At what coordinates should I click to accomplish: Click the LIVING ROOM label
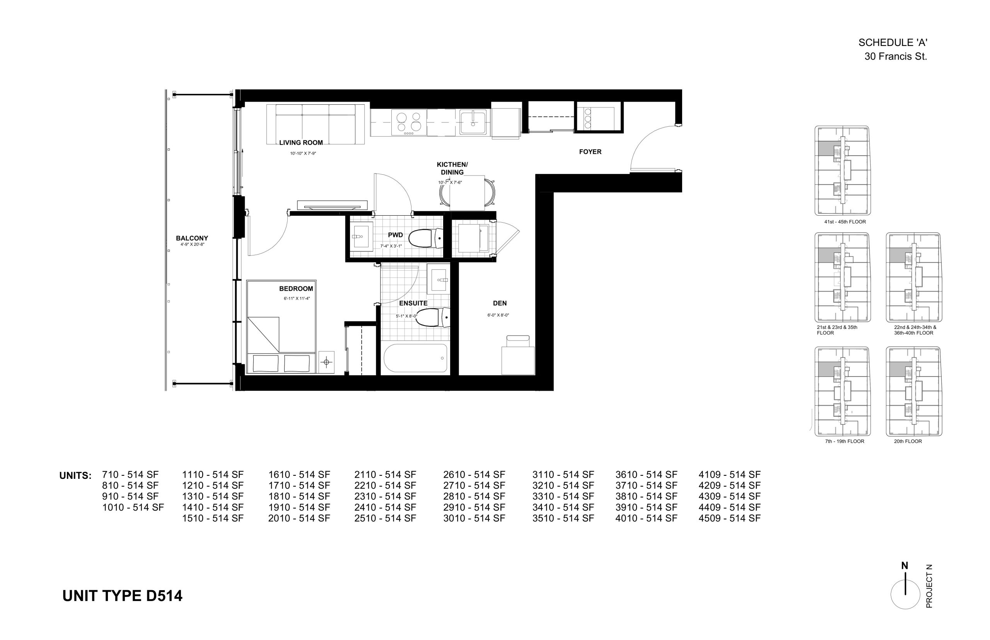[x=300, y=143]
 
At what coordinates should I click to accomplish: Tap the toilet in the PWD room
[x=426, y=238]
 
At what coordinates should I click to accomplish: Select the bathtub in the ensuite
[x=415, y=358]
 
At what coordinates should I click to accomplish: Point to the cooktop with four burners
[x=409, y=122]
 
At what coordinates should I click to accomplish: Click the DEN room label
[x=499, y=303]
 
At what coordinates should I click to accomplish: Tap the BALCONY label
[x=192, y=238]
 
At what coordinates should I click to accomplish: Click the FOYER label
[x=590, y=151]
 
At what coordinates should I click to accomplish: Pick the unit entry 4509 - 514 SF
[x=729, y=518]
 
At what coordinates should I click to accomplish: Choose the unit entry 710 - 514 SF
[x=130, y=475]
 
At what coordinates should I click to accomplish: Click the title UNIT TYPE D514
[x=122, y=596]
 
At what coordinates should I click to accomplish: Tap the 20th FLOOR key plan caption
[x=908, y=441]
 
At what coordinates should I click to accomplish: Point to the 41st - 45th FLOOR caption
[x=845, y=222]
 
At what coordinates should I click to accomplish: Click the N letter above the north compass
[x=905, y=566]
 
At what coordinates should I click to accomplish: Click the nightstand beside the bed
[x=326, y=362]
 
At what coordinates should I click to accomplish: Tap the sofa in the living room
[x=316, y=124]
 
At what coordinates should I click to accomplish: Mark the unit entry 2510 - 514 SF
[x=385, y=518]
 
